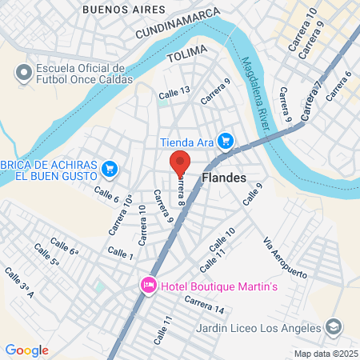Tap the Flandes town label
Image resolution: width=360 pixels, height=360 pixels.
coord(224,178)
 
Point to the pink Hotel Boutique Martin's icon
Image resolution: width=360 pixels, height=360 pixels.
coord(148,286)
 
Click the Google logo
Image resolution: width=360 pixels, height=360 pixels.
coord(26,350)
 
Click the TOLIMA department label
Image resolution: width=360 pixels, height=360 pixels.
coord(186,56)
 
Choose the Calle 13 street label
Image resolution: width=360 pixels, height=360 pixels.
coord(174,94)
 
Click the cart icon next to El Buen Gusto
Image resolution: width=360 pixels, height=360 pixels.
coord(110,169)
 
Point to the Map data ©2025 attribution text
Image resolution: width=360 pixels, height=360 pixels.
coord(324,354)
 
